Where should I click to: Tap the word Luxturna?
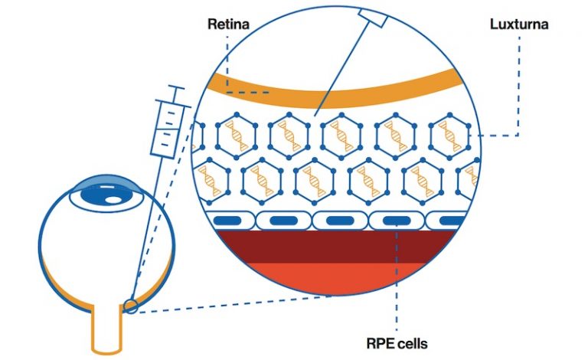coord(519,24)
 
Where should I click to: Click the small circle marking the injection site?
coord(130,306)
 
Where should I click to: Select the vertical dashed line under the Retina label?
coord(227,65)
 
